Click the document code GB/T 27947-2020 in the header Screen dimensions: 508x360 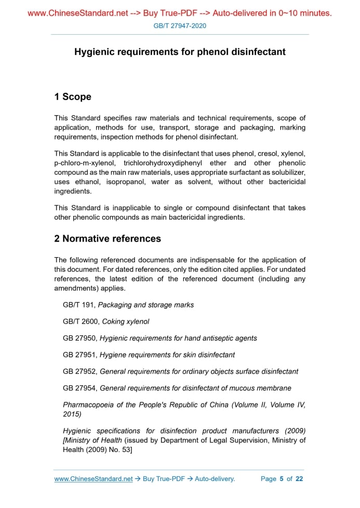[180, 25]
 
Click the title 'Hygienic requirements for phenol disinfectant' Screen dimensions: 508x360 [180, 52]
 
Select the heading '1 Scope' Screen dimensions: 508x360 [73, 97]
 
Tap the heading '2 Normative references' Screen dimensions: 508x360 [108, 239]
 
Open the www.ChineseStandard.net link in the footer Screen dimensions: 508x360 [94, 479]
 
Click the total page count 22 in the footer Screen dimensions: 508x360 [299, 479]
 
